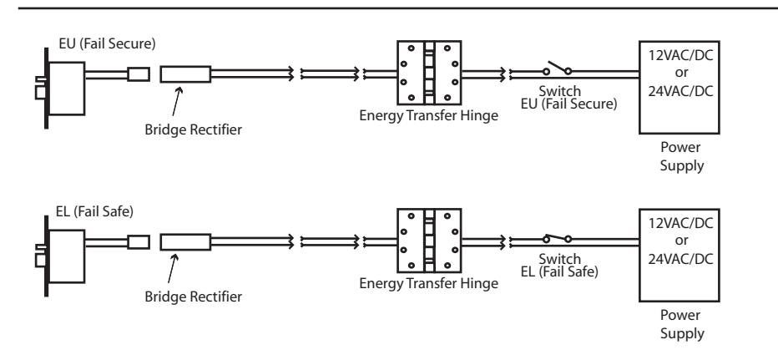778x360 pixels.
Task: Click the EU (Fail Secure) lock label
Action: tap(107, 43)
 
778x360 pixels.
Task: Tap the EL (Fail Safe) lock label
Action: tap(95, 211)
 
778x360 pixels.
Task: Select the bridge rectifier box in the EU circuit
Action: tap(185, 74)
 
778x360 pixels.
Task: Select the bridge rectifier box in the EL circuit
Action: tap(185, 242)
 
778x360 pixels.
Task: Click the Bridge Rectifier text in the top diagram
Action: tap(194, 129)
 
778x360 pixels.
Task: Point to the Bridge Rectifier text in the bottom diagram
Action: tap(194, 297)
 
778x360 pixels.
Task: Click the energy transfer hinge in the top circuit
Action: tap(429, 73)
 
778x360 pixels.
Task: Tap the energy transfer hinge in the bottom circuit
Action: tap(429, 241)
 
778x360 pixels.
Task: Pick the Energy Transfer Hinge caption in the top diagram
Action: tap(429, 116)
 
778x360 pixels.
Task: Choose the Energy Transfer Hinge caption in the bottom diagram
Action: tap(429, 283)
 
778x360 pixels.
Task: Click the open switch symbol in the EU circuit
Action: tap(557, 68)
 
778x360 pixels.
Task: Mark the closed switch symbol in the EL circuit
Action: tap(557, 238)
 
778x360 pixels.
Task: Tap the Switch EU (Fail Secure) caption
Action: tap(568, 98)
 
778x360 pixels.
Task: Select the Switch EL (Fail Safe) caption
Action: tap(559, 266)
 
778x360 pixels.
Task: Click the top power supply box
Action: tap(679, 88)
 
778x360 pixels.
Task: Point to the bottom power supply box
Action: tap(679, 256)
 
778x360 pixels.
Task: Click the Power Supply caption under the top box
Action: tap(681, 156)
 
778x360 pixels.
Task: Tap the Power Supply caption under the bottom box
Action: tap(681, 324)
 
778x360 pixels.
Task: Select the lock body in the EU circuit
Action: tap(65, 89)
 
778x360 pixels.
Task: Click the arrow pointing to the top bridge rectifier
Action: tap(176, 102)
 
